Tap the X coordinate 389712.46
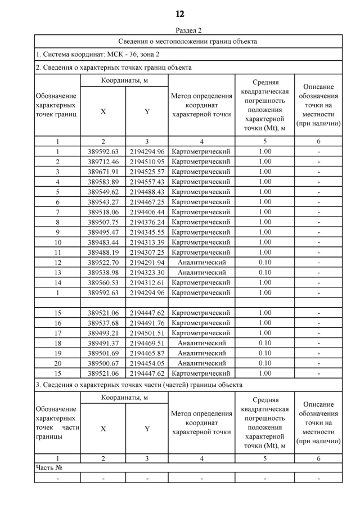pyautogui.click(x=103, y=161)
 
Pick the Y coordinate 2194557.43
pyautogui.click(x=147, y=182)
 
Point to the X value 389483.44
pyautogui.click(x=103, y=242)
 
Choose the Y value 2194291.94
pyautogui.click(x=147, y=263)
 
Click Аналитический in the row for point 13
pyautogui.click(x=201, y=273)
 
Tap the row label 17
pyautogui.click(x=57, y=333)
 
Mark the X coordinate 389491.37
pyautogui.click(x=103, y=343)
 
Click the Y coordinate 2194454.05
pyautogui.click(x=147, y=363)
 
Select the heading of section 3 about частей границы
pyautogui.click(x=139, y=385)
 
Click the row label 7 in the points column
pyautogui.click(x=57, y=212)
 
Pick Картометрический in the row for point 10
pyautogui.click(x=201, y=242)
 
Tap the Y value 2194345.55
pyautogui.click(x=147, y=232)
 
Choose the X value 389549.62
pyautogui.click(x=103, y=192)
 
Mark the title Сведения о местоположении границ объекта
pyautogui.click(x=188, y=42)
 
